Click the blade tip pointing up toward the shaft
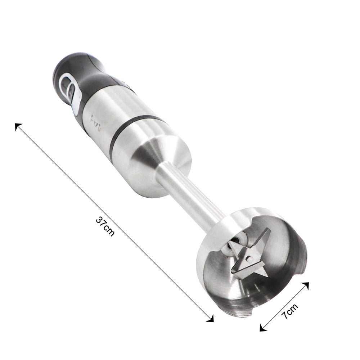pos(266,232)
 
